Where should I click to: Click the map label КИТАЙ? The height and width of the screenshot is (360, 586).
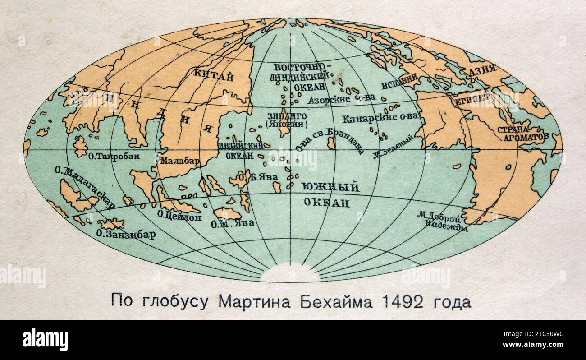tap(213, 76)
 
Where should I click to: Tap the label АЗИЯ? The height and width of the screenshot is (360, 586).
tap(481, 70)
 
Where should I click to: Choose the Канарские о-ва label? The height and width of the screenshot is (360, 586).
tap(380, 118)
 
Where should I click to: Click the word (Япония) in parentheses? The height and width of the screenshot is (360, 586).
tap(287, 124)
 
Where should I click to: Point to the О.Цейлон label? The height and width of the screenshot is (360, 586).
tap(179, 216)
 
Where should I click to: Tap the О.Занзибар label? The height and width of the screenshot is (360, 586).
tap(126, 235)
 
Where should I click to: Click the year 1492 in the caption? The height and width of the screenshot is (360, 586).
tap(403, 301)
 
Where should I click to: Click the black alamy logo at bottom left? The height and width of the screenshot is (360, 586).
tap(45, 339)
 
